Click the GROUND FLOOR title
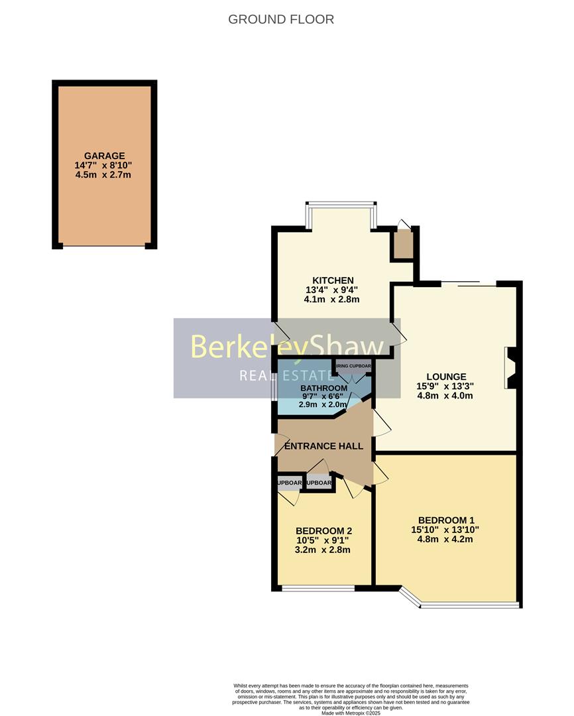coord(281,19)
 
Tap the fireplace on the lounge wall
coord(510,367)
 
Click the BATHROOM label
coord(323,388)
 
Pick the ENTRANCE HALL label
coord(323,446)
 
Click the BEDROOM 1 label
coord(445,520)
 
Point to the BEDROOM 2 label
coord(323,530)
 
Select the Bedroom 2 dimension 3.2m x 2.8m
coord(323,550)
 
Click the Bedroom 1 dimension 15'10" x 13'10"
coord(445,529)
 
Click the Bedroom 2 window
coord(317,588)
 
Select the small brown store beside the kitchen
coord(402,244)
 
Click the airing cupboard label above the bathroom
coord(353,365)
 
